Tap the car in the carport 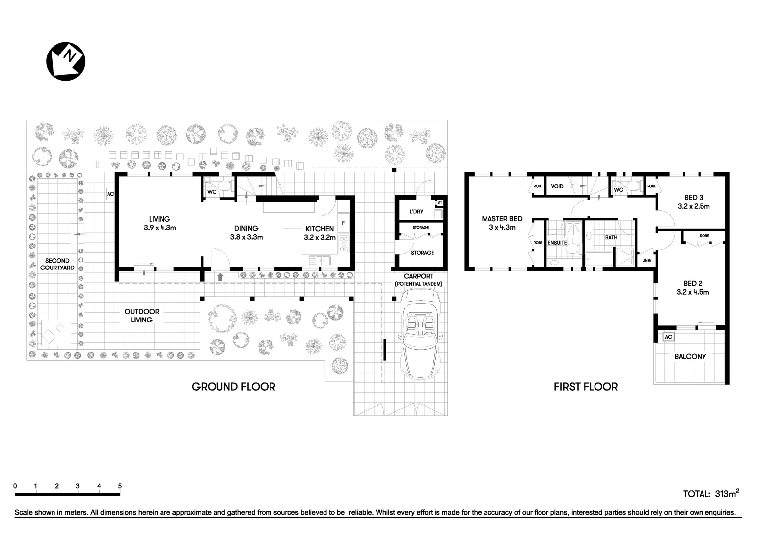click(x=420, y=334)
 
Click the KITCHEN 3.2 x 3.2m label click(x=320, y=233)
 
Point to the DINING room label click(x=246, y=232)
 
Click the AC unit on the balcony click(x=668, y=337)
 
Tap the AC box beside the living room click(x=110, y=194)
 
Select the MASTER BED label click(x=502, y=223)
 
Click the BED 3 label click(x=694, y=202)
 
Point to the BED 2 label click(x=693, y=288)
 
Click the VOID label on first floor click(x=557, y=187)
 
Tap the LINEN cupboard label click(x=647, y=261)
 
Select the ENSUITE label click(x=557, y=243)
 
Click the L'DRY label click(x=416, y=212)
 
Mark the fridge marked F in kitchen click(x=343, y=223)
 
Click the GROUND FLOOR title click(x=233, y=387)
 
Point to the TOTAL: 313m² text click(x=711, y=493)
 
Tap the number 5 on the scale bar click(x=120, y=486)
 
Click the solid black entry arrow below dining click(x=220, y=277)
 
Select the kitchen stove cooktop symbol click(x=343, y=244)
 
